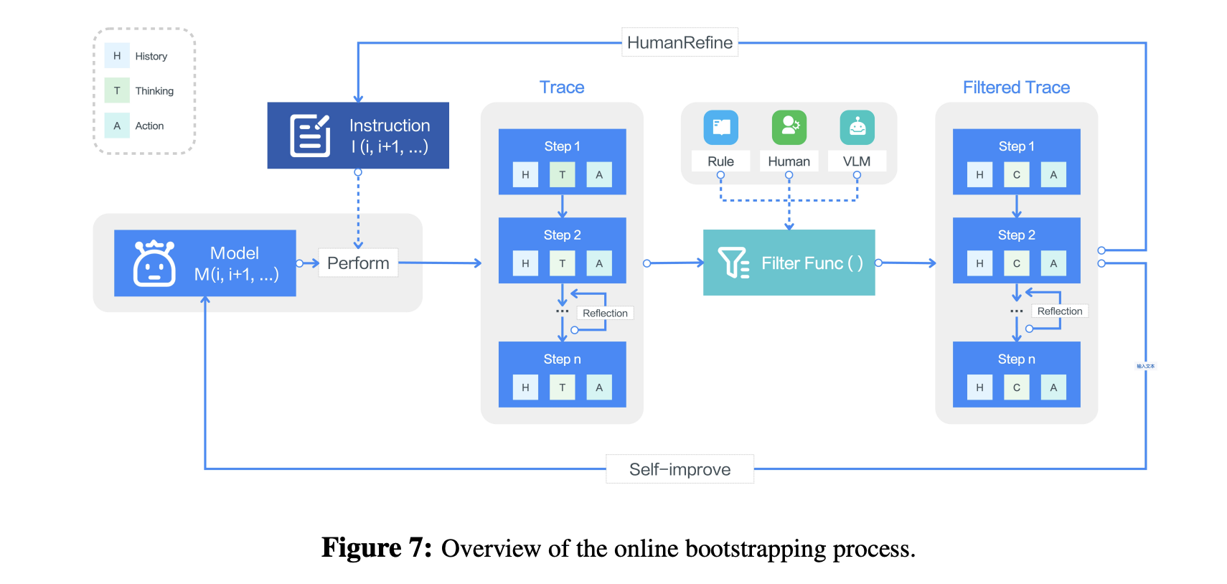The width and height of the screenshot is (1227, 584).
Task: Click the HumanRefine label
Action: tap(680, 42)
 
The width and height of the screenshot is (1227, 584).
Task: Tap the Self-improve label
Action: tap(680, 469)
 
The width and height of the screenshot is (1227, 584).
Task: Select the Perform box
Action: tap(358, 263)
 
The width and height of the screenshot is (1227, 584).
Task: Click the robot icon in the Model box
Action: tap(154, 263)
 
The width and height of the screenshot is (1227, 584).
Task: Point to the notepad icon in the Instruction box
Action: tap(310, 135)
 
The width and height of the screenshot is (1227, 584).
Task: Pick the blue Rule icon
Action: tap(720, 128)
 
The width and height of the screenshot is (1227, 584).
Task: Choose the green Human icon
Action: tap(789, 128)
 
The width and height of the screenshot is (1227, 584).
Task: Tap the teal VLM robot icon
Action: tap(857, 128)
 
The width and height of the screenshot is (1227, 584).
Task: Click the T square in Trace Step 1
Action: tap(562, 174)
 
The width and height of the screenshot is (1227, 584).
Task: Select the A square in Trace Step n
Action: tap(599, 387)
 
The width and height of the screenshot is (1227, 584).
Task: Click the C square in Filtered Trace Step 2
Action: tap(1016, 263)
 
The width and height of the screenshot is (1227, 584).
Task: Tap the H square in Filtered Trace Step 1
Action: tap(979, 174)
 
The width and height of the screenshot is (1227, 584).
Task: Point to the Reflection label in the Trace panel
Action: tap(605, 314)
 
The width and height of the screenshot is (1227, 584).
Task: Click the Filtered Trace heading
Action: tap(1016, 88)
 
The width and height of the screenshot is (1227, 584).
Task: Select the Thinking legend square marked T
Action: tap(117, 90)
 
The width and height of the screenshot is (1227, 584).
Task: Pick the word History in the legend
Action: tap(151, 56)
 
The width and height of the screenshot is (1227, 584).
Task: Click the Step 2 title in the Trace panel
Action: tap(562, 235)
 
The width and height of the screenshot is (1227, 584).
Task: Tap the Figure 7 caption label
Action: tap(376, 548)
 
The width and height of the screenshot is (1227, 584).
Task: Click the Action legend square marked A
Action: tap(117, 126)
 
